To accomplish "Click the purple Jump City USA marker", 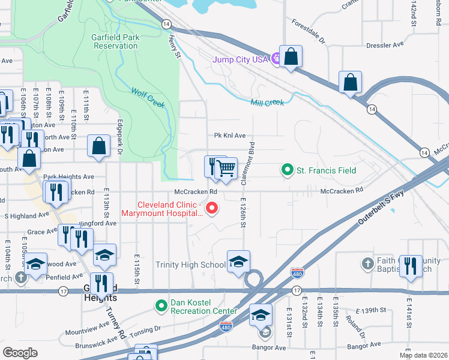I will point(276,59).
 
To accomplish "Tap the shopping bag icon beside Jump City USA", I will point(291,58).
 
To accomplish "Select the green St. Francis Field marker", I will point(288,170).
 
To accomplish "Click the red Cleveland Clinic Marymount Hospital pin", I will point(211,208).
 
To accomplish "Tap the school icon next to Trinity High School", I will point(238,262).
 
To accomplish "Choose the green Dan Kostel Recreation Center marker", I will point(161,306).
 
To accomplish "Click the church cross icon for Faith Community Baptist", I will point(368,264).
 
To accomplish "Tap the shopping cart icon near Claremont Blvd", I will point(226,168).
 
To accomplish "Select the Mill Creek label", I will point(267,103).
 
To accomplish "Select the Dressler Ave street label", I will point(385,45).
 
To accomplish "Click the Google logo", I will point(20,353).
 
